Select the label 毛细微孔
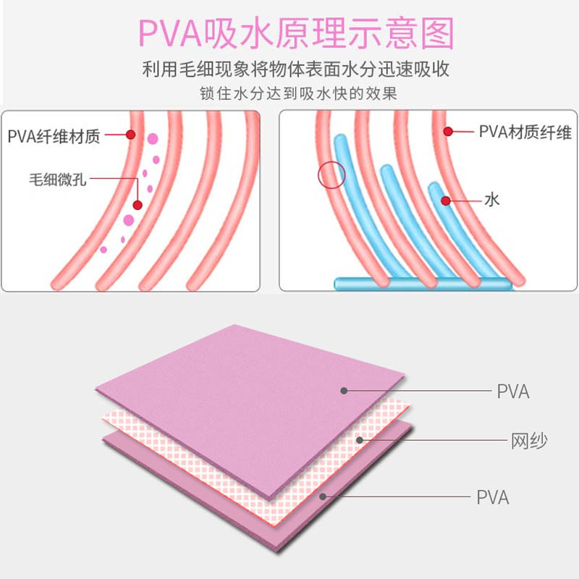coord(58,179)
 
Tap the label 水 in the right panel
coord(492,200)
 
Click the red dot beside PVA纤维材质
coord(131,135)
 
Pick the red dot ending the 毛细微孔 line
coord(138,205)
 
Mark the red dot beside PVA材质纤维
coord(449,131)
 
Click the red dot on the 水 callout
coord(447,200)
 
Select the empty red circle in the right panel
coord(331,174)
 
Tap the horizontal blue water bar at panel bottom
coord(423,284)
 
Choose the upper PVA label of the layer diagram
coord(513,392)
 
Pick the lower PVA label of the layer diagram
coord(493,498)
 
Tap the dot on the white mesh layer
coord(360,439)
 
